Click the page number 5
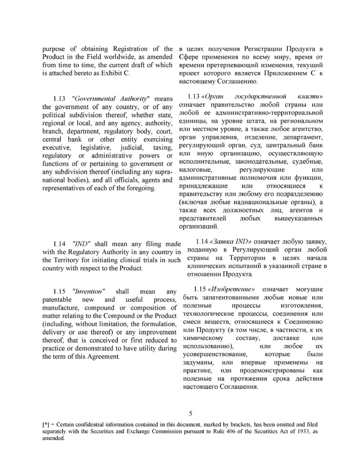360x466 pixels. (x=190, y=414)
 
